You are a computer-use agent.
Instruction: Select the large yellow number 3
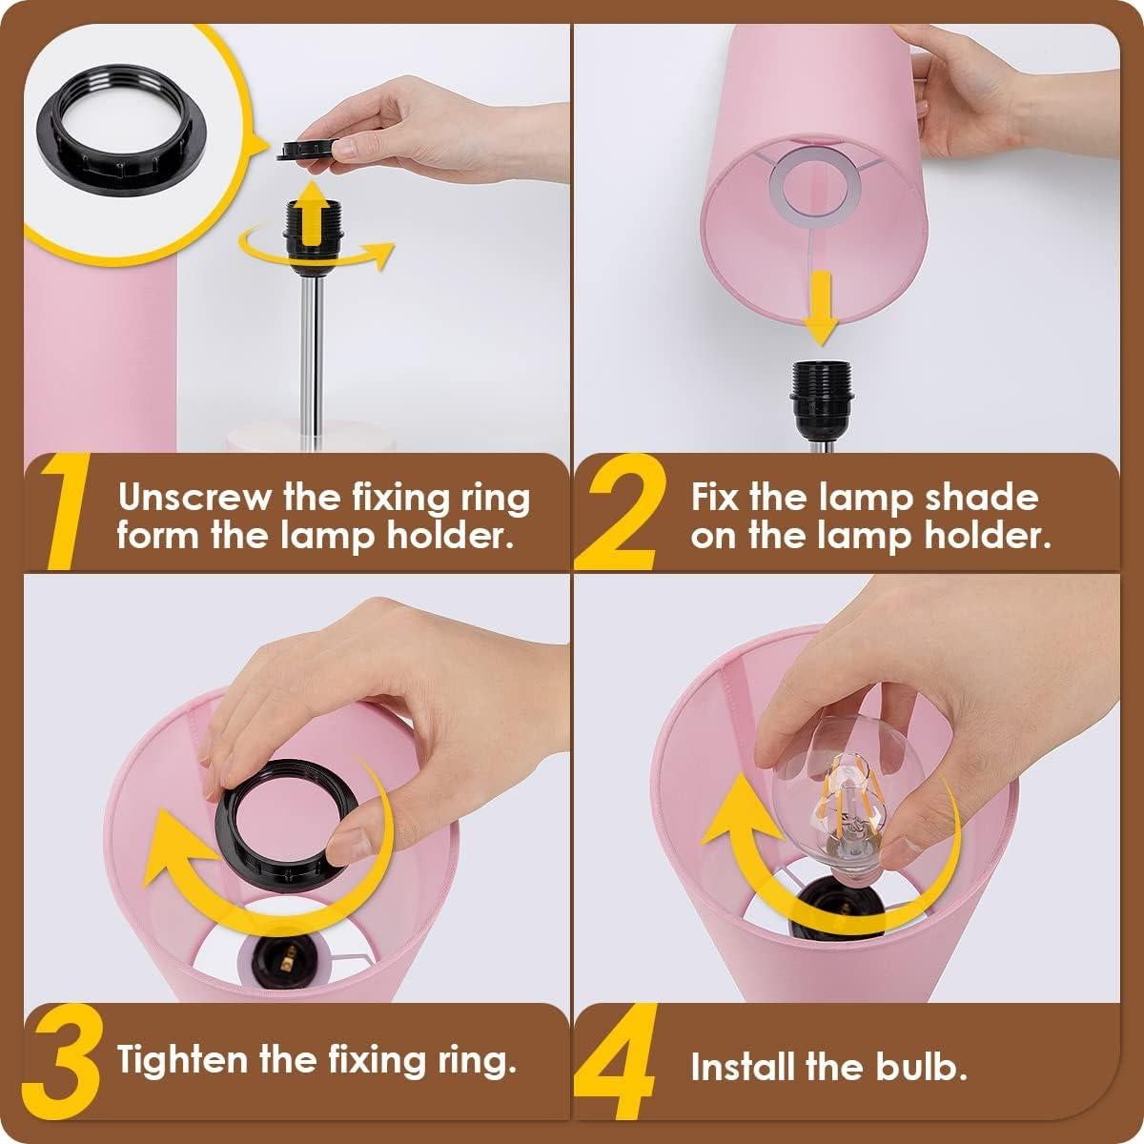64,1063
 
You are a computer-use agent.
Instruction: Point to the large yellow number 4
621,1065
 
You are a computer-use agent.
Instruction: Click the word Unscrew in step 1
194,498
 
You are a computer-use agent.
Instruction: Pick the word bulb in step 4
917,1066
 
